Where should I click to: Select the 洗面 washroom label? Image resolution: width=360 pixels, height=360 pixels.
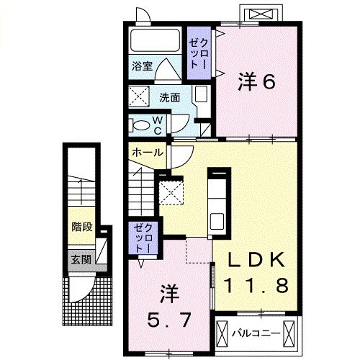pyautogui.click(x=171, y=96)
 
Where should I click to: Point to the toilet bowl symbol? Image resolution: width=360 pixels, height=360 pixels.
pyautogui.click(x=139, y=125)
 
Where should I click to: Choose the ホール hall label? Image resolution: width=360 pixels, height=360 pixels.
pyautogui.click(x=148, y=152)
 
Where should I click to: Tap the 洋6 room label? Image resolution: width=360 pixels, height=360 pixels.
pyautogui.click(x=257, y=83)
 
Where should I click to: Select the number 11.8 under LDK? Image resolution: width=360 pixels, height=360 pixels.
pyautogui.click(x=257, y=284)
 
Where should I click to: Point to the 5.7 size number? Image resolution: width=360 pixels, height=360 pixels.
pyautogui.click(x=170, y=318)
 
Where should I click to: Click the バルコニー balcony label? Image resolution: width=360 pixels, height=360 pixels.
pyautogui.click(x=252, y=333)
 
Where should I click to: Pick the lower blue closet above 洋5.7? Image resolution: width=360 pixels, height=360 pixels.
pyautogui.click(x=140, y=238)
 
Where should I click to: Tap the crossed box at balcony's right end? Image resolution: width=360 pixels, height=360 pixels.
pyautogui.click(x=289, y=333)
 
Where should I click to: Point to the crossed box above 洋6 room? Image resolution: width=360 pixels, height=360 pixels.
pyautogui.click(x=261, y=14)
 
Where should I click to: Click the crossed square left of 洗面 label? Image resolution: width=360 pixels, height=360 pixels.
pyautogui.click(x=138, y=96)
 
